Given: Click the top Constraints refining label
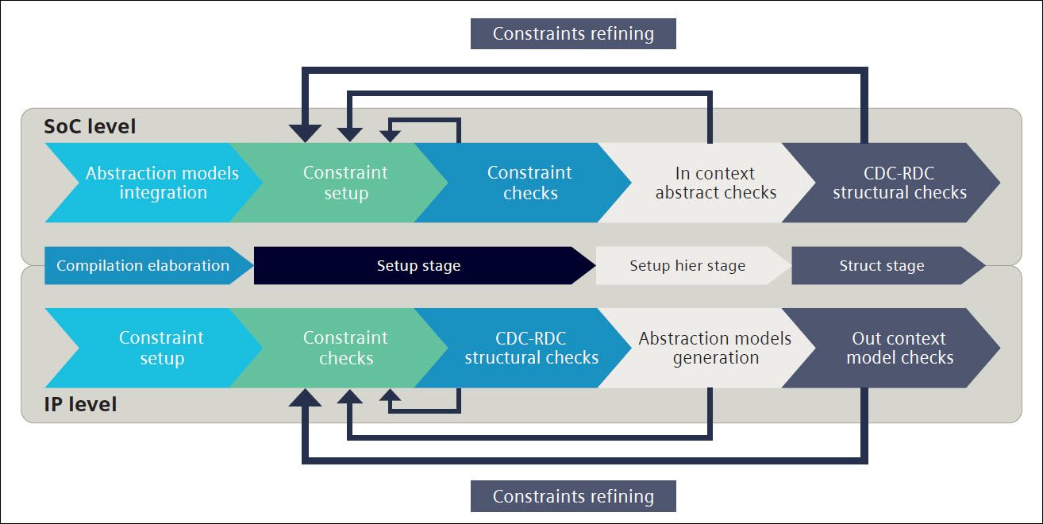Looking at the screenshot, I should pos(573,34).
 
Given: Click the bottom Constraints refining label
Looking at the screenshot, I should pos(573,496).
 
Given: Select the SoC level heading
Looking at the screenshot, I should pos(90,126).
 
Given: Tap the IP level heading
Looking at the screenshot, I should pos(80,404).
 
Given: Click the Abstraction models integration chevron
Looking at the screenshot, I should pos(151,183).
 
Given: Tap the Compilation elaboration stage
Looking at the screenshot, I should pos(143,266).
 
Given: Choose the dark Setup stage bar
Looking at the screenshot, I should pos(418,266).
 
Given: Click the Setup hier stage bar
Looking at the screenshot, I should pos(687,266).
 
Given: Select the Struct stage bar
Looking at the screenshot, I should pos(882,266).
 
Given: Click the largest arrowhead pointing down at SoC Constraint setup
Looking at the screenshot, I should pos(306,133).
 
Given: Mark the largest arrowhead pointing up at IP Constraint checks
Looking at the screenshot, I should pos(306,397).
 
